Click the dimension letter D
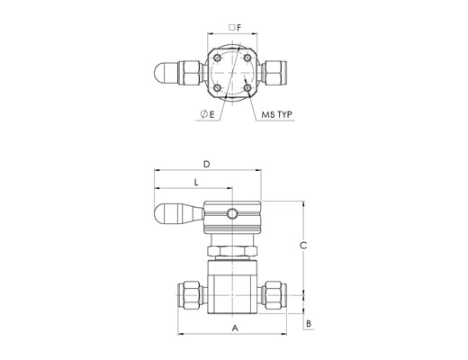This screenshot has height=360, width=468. click(207, 164)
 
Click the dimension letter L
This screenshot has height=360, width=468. click(196, 183)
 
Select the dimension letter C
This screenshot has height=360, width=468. click(303, 246)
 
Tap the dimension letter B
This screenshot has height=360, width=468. click(309, 324)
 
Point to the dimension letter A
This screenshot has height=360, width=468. click(235, 328)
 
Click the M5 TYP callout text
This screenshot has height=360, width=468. click(276, 114)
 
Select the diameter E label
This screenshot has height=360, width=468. click(208, 114)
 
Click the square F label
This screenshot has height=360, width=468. click(235, 28)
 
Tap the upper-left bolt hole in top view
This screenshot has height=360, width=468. click(217, 58)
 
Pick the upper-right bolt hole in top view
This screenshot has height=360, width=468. click(247, 58)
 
